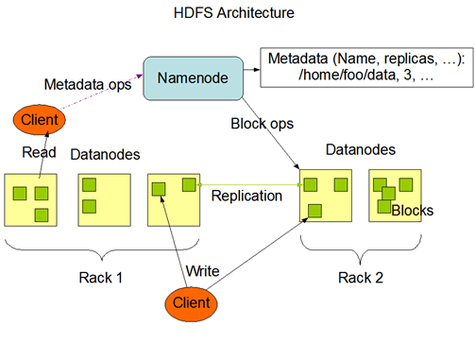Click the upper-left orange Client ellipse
(x=40, y=120)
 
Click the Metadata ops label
(x=87, y=84)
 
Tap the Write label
(x=202, y=271)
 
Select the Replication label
(x=246, y=196)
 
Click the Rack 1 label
(x=99, y=278)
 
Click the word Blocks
(x=412, y=211)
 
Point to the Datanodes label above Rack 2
(x=359, y=150)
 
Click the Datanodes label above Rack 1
(x=103, y=153)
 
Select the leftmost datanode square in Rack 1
(x=31, y=198)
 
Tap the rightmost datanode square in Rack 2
(x=395, y=197)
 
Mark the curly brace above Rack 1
(x=99, y=248)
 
